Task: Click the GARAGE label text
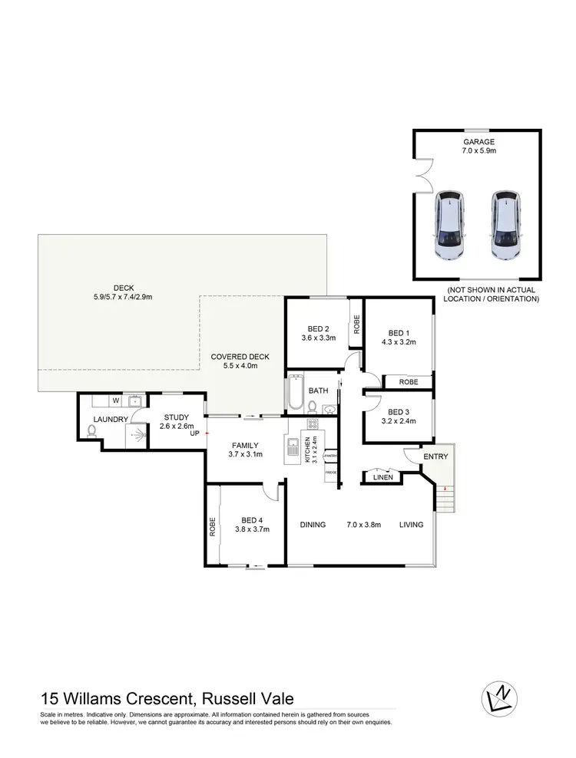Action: (478, 142)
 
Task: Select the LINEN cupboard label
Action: (383, 477)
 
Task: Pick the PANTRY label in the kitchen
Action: (331, 456)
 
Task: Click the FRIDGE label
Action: (331, 473)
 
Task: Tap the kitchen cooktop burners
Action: (313, 423)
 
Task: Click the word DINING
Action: (313, 525)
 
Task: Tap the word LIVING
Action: (412, 525)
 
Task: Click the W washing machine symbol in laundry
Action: (115, 400)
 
